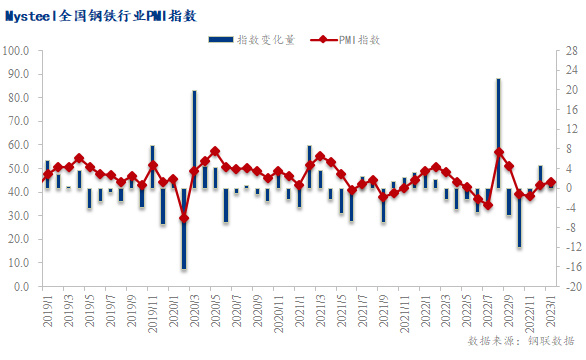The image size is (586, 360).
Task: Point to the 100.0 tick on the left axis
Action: tap(17, 50)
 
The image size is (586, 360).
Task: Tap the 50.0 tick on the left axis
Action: tap(19, 168)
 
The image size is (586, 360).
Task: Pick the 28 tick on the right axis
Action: tap(566, 50)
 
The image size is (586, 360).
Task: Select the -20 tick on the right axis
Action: tap(567, 286)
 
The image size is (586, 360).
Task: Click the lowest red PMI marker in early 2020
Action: tap(184, 217)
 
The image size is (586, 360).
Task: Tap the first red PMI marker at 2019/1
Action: tap(47, 174)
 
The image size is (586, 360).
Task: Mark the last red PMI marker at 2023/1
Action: tap(551, 182)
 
